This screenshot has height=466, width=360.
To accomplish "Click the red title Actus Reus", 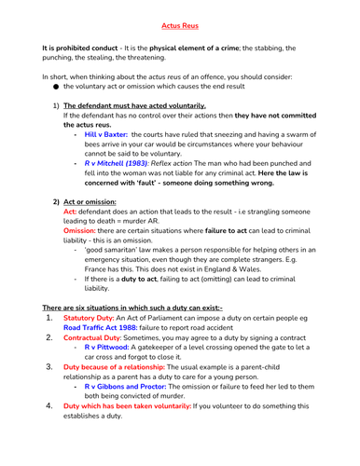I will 179,16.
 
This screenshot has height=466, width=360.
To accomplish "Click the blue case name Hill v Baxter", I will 105,135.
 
